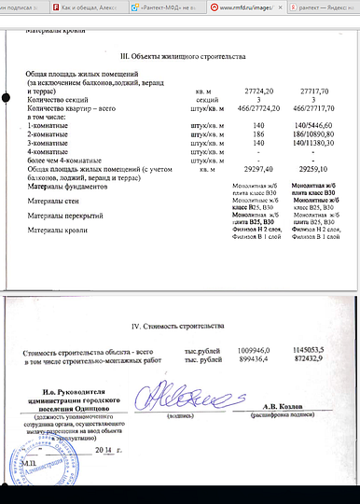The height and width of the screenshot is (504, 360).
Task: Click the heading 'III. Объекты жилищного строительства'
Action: click(x=178, y=57)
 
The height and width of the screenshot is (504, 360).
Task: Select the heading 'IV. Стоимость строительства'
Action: click(x=178, y=327)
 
